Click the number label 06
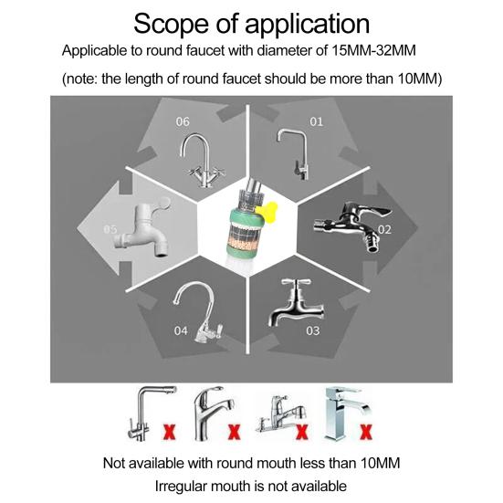[183, 121]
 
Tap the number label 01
[316, 121]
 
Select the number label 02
[384, 229]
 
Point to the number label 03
[313, 330]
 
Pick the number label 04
[181, 330]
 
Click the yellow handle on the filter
[267, 212]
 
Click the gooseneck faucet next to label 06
[201, 161]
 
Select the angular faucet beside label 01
[294, 154]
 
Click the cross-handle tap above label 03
[295, 303]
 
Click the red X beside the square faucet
[366, 432]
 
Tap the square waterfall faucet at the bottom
[345, 414]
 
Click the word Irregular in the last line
[181, 487]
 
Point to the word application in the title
[308, 25]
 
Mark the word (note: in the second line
[80, 79]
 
